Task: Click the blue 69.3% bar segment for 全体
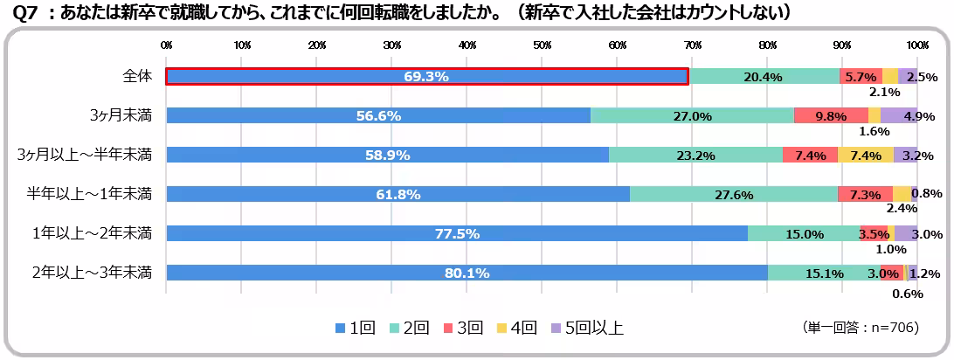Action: [426, 77]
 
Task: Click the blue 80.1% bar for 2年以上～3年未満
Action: [467, 273]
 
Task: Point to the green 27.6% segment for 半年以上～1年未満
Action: [734, 195]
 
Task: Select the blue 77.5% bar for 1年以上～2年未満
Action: [457, 233]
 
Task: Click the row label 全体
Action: [137, 76]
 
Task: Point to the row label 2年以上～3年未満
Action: [92, 272]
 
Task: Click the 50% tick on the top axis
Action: [542, 45]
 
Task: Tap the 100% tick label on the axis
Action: [916, 45]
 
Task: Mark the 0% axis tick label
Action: [166, 45]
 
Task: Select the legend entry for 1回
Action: [356, 329]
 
